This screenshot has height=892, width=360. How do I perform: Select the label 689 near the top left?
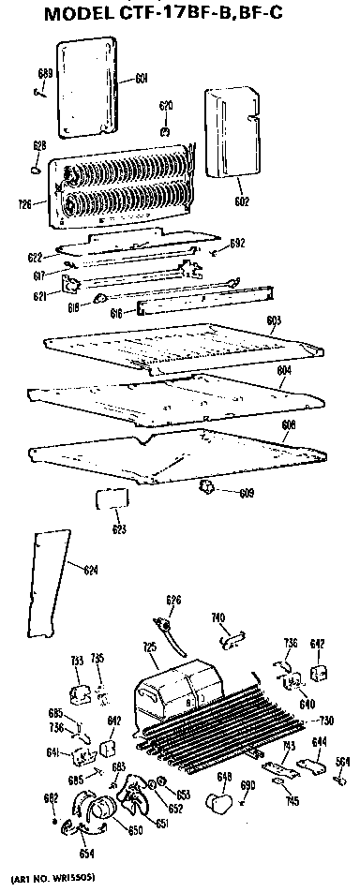(x=44, y=72)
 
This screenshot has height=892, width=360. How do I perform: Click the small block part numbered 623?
(x=111, y=498)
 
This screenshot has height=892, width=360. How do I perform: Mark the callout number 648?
(x=224, y=776)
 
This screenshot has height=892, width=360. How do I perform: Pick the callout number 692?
(x=237, y=243)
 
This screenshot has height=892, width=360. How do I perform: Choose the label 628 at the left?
(x=39, y=145)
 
